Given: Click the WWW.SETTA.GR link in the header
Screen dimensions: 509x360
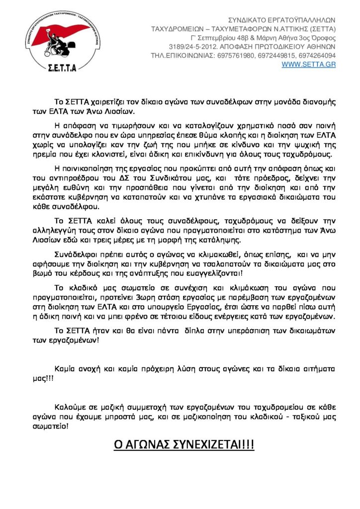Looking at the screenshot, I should coord(308,65).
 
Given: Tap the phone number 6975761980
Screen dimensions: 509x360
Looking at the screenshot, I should coord(236,56).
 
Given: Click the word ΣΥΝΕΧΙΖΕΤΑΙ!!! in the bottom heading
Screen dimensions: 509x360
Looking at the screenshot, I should coord(215,444).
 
